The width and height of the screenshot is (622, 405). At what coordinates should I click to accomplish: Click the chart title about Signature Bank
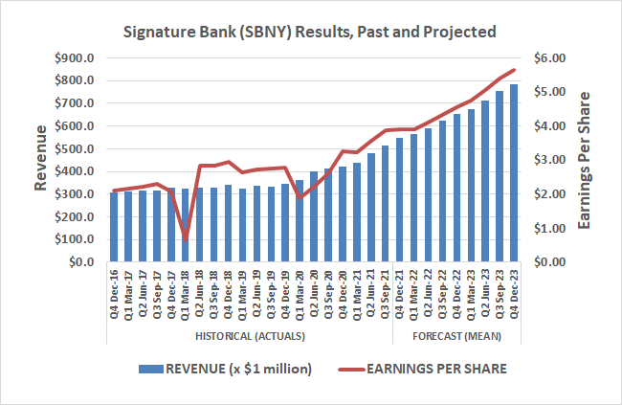pyautogui.click(x=312, y=32)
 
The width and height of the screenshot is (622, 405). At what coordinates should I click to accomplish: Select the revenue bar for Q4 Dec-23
pyautogui.click(x=514, y=173)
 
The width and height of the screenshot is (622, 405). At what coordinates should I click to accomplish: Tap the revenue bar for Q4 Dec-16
pyautogui.click(x=114, y=227)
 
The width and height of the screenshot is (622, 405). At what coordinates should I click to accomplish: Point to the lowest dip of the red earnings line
pyautogui.click(x=186, y=239)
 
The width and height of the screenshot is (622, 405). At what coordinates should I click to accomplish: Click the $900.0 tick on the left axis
pyautogui.click(x=77, y=58)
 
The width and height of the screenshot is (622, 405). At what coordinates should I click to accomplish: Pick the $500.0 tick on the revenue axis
pyautogui.click(x=77, y=148)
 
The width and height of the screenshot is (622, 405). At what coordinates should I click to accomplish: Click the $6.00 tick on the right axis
pyautogui.click(x=549, y=58)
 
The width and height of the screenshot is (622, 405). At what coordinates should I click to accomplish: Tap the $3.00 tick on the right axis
pyautogui.click(x=549, y=160)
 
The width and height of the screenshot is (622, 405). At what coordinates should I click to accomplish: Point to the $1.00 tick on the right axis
pyautogui.click(x=549, y=228)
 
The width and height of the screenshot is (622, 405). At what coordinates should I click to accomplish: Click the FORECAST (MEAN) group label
pyautogui.click(x=456, y=335)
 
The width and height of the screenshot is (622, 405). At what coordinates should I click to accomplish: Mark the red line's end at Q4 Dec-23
pyautogui.click(x=514, y=70)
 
